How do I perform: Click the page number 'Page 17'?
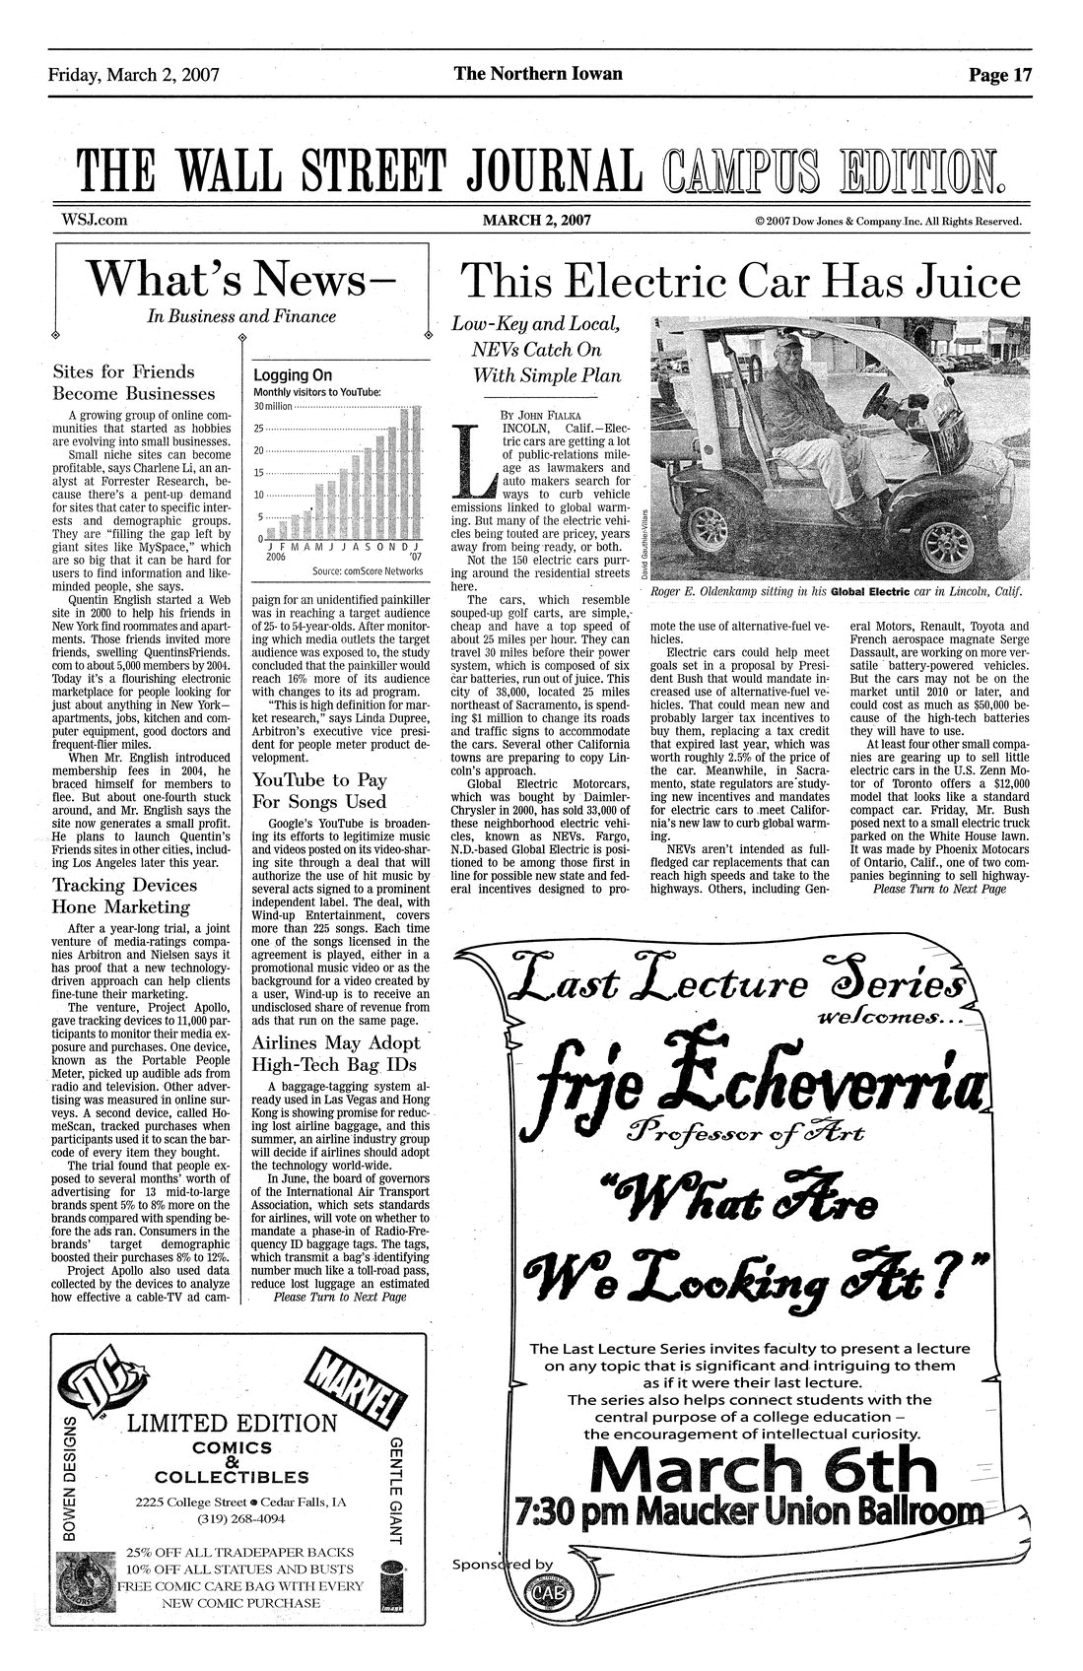(999, 75)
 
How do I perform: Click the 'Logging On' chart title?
(293, 375)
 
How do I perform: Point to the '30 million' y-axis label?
(273, 407)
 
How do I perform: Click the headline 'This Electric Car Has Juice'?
(740, 283)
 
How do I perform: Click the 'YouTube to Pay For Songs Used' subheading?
(319, 790)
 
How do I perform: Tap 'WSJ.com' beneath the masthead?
(89, 221)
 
